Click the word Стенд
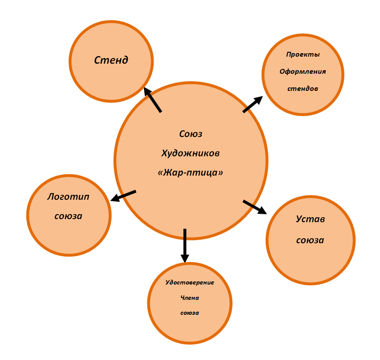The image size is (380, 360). pos(111,60)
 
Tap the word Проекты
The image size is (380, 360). pos(303,55)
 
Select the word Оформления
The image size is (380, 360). pos(303,72)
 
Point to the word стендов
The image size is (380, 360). pos(303,88)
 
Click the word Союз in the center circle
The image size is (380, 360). pos(191,134)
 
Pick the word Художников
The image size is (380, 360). pos(191,153)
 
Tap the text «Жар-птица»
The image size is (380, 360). pos(191,173)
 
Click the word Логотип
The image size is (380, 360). pos(68,196)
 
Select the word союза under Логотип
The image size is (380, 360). pos(68,216)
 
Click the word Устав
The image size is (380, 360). pos(310,219)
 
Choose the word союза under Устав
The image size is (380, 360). pos(310,240)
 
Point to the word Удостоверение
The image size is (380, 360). pos(190,282)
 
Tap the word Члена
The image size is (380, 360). pos(190,298)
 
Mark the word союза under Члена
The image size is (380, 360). pos(190,313)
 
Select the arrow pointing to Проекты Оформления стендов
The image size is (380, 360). pos(252,104)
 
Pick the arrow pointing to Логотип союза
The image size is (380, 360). pos(123,196)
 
